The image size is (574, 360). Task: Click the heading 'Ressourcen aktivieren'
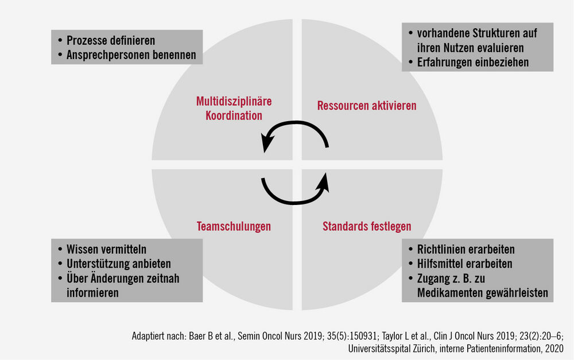pos(366,106)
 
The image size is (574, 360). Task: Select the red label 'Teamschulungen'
pos(234,226)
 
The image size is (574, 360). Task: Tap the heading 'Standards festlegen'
pos(367,226)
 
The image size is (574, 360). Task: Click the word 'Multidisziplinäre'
pos(234,101)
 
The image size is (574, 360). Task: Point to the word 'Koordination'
pos(234,116)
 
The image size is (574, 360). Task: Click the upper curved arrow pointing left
pos(295,124)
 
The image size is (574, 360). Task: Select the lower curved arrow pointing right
pos(295,201)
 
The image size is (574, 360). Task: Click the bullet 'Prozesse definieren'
pos(111,40)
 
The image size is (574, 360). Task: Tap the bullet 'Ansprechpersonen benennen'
pos(131,55)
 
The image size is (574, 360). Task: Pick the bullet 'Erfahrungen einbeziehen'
pos(473,62)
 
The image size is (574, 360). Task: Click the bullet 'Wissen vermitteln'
pos(106,249)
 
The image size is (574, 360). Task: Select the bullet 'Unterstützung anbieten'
pos(119,264)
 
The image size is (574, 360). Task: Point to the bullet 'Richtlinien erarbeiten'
pos(466,249)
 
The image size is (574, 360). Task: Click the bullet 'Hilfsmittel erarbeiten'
pos(464,264)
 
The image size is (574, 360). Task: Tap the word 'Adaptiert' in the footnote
pos(148,336)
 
